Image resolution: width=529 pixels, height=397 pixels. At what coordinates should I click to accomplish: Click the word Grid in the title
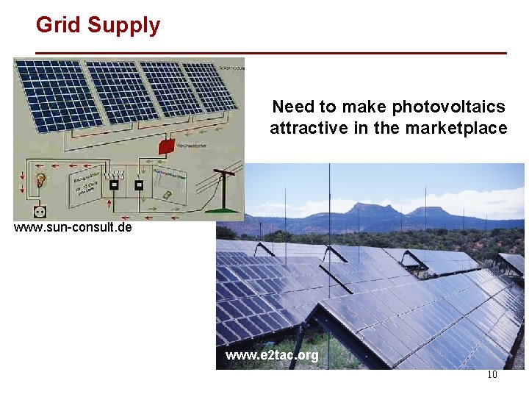coord(59,25)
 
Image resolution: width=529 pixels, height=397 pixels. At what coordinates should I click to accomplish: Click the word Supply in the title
coord(123,26)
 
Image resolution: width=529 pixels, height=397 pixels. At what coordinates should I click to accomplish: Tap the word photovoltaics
coord(448,107)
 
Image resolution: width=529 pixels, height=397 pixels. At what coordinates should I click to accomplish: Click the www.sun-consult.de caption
coord(73,227)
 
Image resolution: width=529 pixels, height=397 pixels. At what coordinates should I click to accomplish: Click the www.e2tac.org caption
coord(272,356)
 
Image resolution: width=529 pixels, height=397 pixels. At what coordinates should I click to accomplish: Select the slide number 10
coord(492,375)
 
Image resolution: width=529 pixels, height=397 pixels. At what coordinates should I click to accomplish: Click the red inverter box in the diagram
coord(169,146)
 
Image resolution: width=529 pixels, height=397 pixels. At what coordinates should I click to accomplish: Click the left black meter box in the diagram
coord(114,184)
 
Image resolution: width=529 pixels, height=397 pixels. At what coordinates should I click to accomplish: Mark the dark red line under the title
coord(271,53)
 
